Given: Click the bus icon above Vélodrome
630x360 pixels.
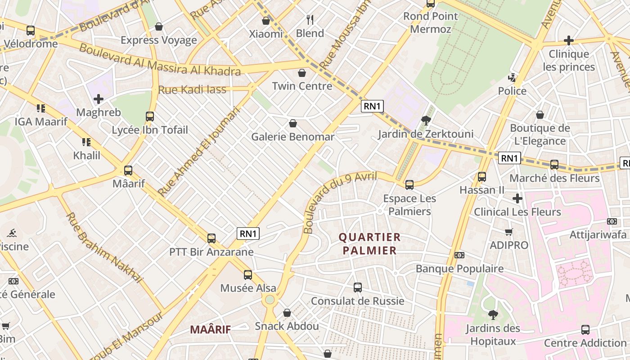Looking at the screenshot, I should pos(31,31).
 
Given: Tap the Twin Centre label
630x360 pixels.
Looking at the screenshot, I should pos(302,86).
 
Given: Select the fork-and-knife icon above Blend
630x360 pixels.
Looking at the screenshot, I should pos(310,19).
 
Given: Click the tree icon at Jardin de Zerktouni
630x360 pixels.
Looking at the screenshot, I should pos(426,120).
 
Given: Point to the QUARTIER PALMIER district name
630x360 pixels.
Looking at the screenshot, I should pos(369,243).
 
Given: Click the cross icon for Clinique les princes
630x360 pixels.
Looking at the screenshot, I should pos(569,40).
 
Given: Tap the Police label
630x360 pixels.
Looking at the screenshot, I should pos(512,91).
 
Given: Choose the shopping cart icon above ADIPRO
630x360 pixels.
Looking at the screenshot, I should pos(509,232).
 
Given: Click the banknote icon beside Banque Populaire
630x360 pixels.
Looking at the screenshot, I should pos(459,255).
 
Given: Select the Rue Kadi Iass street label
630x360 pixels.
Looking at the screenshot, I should pos(192,90).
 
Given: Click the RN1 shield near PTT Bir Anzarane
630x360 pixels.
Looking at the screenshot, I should pos(248,234).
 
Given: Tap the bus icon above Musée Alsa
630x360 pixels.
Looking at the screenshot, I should pos(247,274).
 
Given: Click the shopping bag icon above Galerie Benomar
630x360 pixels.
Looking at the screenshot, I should pos(293,123).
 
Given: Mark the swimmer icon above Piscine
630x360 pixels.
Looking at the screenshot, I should pos(12,233).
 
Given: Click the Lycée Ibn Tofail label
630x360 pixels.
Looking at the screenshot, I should pos(150,130).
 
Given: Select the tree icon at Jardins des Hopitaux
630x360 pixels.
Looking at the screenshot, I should pos(493,315).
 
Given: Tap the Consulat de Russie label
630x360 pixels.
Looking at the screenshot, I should pos(358,301).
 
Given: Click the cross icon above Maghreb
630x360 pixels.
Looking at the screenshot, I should pos(99,99).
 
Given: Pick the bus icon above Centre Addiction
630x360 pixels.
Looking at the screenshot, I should pos(585,329).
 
